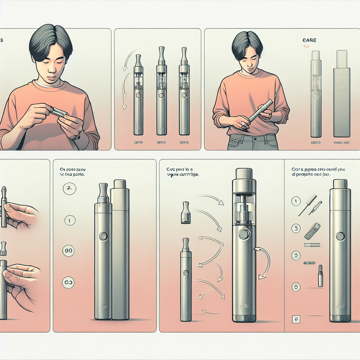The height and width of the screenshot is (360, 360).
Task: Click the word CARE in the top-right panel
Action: click(x=309, y=41)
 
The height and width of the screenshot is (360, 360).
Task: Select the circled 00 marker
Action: click(x=68, y=251)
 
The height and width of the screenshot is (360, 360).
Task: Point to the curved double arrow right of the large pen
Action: click(x=263, y=260)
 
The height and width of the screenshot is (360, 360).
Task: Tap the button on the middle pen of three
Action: click(x=161, y=95)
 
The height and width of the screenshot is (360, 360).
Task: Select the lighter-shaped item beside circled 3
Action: click(x=312, y=231)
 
